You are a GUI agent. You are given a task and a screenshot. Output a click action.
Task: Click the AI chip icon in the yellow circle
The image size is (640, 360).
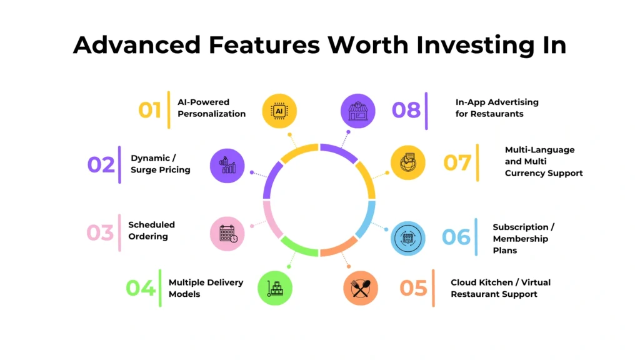coord(279,111)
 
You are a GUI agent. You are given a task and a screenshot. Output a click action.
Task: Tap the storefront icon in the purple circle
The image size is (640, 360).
coord(358,111)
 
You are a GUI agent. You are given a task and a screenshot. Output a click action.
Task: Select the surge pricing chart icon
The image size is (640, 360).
coord(227,166)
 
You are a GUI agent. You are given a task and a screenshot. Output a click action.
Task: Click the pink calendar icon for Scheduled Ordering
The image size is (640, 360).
coord(227,234)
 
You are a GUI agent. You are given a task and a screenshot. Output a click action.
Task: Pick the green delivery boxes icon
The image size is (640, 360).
coord(275,288)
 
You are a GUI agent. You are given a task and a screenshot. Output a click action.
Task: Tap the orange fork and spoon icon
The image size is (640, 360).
coord(361,288)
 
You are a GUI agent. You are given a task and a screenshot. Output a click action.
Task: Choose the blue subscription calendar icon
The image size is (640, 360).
coord(407,238)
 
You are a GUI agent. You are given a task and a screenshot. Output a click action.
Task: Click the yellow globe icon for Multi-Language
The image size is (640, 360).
coord(407,163)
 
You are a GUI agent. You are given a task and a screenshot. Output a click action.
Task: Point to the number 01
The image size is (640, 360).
coord(150,110)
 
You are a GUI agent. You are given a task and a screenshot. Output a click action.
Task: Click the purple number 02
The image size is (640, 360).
coord(101,165)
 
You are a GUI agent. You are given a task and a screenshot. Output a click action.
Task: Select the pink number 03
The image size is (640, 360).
coord(100,232)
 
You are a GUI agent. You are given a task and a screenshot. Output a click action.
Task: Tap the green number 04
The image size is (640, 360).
coord(141,288)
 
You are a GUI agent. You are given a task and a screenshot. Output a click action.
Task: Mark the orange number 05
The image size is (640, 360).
coord(414,288)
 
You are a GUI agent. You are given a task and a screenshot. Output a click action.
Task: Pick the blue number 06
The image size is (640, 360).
coord(456,237)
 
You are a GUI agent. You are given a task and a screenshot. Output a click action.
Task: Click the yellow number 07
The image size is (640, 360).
coord(457,163)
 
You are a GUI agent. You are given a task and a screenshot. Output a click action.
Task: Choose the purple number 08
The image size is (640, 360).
coord(406,110)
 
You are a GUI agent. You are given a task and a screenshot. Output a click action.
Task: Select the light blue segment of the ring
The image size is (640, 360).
coord(367,219)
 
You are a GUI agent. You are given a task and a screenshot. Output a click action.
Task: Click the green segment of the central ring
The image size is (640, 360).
coord(298,247)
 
